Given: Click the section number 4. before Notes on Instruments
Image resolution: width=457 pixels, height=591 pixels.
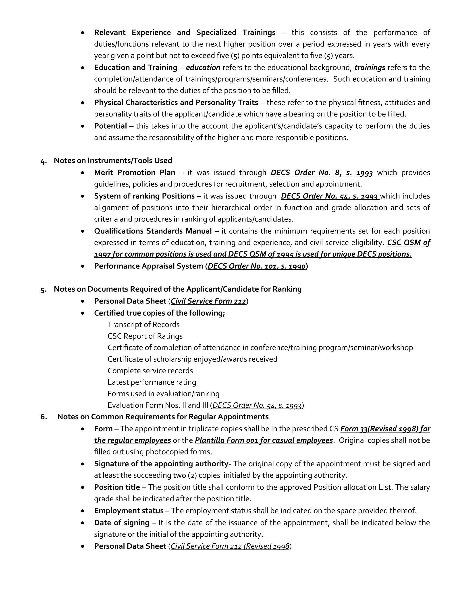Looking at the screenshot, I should [43, 161].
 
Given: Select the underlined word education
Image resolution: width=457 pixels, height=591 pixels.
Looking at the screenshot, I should [203, 67].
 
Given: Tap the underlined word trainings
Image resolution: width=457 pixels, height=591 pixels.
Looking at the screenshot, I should [370, 67].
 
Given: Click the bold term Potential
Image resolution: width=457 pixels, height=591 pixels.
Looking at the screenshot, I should [110, 126].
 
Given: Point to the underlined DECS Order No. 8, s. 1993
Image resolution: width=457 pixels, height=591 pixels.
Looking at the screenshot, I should [321, 172].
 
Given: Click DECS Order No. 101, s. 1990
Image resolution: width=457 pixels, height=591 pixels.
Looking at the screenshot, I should [256, 266].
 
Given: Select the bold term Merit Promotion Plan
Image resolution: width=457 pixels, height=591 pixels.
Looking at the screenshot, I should [135, 172].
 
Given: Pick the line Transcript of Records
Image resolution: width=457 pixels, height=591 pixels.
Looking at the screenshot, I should [143, 324].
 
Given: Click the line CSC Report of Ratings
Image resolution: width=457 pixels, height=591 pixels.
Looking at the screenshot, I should [145, 336].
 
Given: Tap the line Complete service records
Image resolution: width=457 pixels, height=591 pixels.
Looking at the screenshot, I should [150, 370].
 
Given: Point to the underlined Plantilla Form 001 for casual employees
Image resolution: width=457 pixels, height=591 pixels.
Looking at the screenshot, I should [264, 440].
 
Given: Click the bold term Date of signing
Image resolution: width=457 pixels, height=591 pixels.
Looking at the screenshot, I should [122, 523].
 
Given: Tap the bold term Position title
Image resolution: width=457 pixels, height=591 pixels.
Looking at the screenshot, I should [117, 487].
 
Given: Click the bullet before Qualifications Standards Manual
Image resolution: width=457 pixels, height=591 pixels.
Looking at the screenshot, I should [83, 231].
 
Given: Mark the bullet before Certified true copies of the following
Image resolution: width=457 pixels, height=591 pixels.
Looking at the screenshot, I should [83, 313].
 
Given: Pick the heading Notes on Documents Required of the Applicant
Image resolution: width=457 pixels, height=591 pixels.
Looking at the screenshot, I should [178, 289].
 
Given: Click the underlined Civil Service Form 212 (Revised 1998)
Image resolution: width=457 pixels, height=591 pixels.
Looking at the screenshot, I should [230, 546].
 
